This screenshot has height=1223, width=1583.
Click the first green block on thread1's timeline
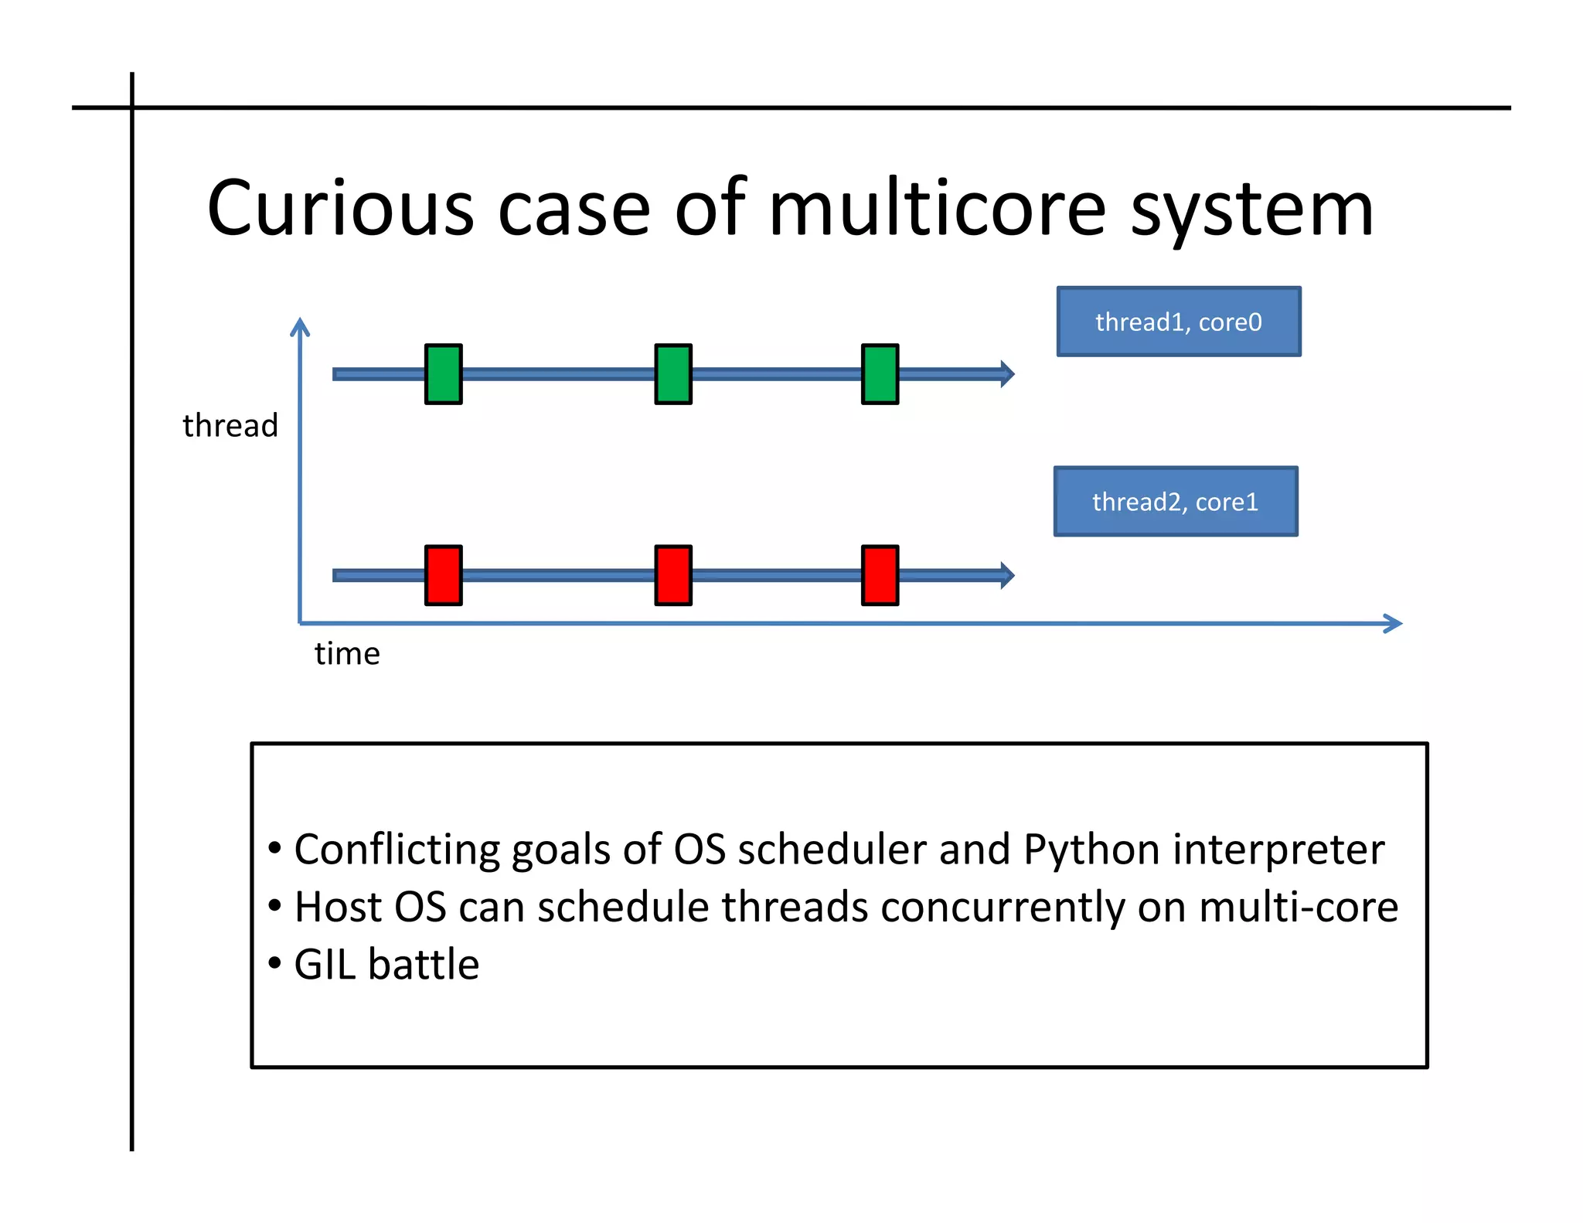[443, 374]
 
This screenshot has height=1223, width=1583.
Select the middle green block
[672, 374]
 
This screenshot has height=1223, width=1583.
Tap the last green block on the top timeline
[880, 374]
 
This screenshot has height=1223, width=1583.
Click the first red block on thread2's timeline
[443, 575]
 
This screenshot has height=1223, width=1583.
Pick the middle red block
[672, 575]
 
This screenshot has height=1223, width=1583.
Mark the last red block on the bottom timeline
[880, 575]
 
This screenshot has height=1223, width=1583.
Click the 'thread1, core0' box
[1178, 322]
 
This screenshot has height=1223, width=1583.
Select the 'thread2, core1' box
[1175, 502]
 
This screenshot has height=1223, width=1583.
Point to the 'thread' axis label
[230, 426]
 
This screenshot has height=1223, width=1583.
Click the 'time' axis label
[347, 654]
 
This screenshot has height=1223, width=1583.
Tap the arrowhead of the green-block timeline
[1006, 374]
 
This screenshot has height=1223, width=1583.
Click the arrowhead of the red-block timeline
[1006, 575]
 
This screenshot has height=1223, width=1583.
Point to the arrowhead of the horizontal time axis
[1393, 624]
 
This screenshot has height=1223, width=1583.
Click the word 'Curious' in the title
[340, 209]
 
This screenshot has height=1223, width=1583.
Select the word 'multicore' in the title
[937, 209]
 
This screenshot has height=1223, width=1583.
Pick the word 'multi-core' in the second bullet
[1298, 907]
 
